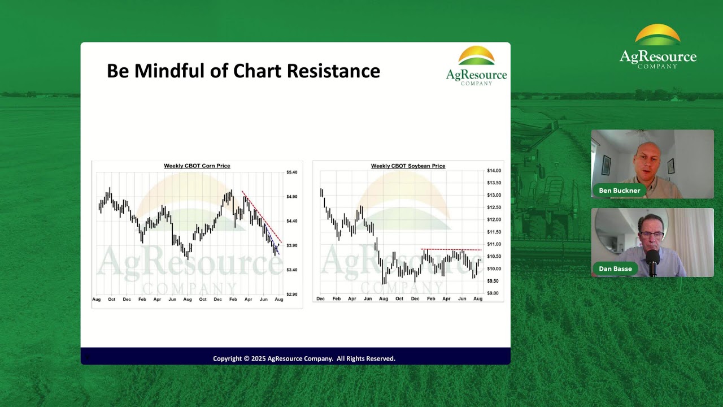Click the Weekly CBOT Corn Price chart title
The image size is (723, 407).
(197, 166)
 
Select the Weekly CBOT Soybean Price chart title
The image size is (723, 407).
(408, 166)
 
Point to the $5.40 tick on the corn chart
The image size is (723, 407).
(291, 172)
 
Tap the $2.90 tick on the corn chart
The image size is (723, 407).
(291, 295)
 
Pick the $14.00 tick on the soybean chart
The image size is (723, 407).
(494, 171)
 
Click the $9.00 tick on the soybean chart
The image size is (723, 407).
(493, 293)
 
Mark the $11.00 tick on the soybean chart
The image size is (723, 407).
(494, 244)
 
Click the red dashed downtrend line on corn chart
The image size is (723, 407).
(263, 218)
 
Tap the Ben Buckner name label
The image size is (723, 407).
(619, 190)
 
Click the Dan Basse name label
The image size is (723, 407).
(615, 269)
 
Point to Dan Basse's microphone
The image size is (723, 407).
(653, 262)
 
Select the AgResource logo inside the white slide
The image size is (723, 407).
(476, 66)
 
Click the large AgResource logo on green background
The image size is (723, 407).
(657, 46)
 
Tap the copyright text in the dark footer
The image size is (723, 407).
(304, 358)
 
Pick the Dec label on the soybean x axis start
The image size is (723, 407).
(321, 298)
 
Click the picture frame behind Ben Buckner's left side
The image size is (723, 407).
(606, 165)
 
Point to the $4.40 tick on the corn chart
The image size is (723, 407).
(291, 221)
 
